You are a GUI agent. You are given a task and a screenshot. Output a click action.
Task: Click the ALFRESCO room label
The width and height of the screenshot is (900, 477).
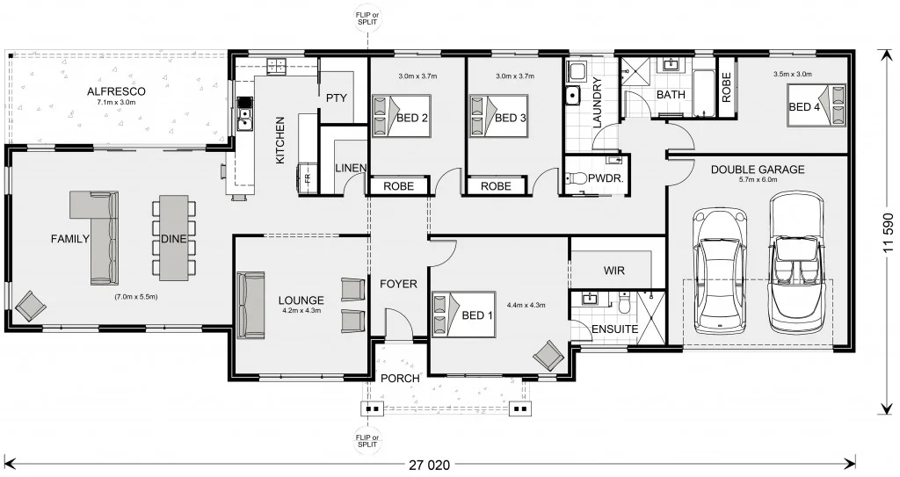click(x=116, y=91)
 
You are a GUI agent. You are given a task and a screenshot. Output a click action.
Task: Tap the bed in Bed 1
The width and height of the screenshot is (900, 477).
click(x=454, y=314)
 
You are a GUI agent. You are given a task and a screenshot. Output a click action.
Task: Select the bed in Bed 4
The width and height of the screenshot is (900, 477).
click(x=816, y=105)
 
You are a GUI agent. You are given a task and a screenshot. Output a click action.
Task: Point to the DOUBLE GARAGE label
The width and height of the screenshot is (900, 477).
click(x=757, y=170)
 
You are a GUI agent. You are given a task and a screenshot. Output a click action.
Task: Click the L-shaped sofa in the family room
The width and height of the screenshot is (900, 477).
click(x=98, y=235)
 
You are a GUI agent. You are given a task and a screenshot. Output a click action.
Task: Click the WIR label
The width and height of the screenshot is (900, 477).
click(x=613, y=271)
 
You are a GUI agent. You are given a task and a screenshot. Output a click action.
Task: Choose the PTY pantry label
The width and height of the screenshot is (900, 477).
click(x=337, y=98)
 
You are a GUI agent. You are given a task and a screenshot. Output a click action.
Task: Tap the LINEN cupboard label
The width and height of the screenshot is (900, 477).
click(x=351, y=169)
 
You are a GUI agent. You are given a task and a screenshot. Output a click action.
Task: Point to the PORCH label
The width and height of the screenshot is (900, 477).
click(x=399, y=378)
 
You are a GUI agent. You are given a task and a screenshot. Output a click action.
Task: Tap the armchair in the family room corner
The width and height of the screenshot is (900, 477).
click(x=32, y=306)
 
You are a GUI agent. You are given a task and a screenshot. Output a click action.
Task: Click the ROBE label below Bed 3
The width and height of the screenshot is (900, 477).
click(x=496, y=186)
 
